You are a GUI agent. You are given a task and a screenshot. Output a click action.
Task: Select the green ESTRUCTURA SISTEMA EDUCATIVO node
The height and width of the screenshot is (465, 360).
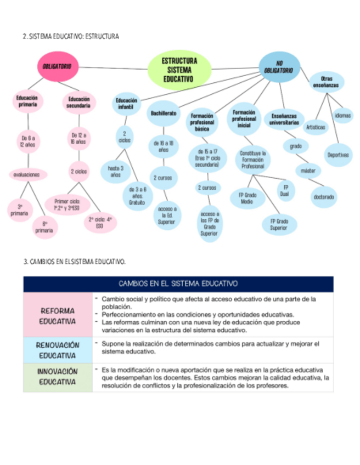[x=179, y=70]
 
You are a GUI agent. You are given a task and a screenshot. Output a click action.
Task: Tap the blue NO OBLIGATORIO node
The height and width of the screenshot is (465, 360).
[x=279, y=68]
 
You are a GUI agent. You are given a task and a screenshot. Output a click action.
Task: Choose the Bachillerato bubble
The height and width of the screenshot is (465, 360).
[x=163, y=114]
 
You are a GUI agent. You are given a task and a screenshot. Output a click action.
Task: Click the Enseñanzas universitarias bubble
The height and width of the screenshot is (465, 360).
[x=284, y=120]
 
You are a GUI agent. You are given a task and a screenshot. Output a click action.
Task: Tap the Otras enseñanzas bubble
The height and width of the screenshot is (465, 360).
[x=326, y=82]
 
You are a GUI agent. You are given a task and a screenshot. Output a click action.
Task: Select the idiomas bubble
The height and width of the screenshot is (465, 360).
[x=343, y=115]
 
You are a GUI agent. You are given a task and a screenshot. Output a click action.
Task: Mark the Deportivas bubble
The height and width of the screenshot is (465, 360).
[x=338, y=155]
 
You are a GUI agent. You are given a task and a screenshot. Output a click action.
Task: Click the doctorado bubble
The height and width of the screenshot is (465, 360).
[x=324, y=196]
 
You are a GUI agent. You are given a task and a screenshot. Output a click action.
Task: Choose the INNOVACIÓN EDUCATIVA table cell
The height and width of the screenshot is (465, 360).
[x=58, y=377]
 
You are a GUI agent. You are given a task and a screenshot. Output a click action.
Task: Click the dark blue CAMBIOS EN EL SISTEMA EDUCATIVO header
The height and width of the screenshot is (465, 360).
[x=178, y=283]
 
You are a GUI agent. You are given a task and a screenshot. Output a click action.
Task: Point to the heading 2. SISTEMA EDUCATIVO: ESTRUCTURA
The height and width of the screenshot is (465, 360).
[x=71, y=37]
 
